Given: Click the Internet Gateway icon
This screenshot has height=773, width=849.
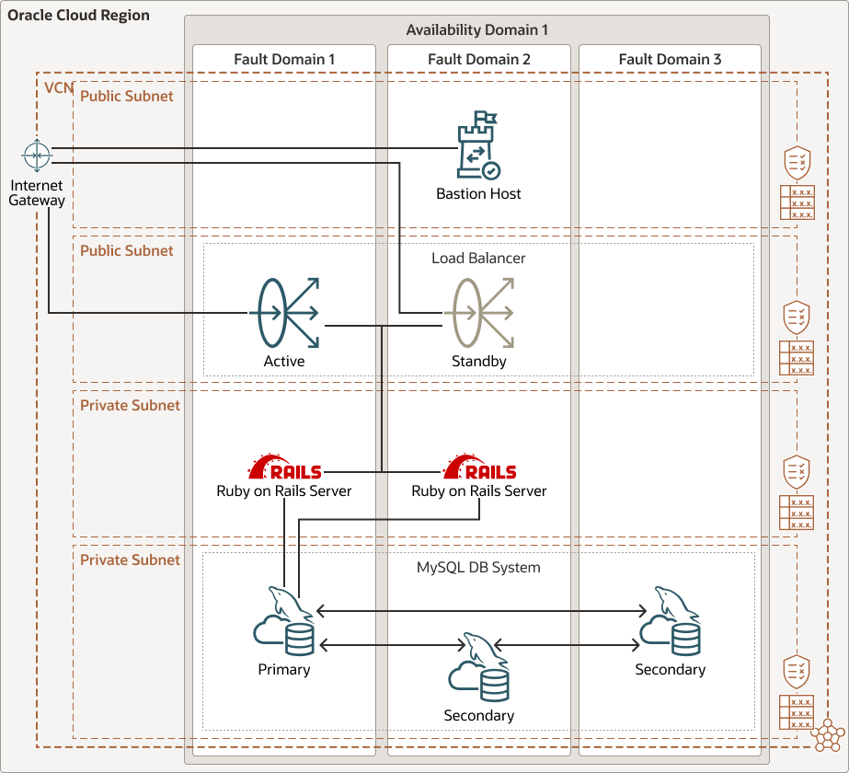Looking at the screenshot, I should (36, 156).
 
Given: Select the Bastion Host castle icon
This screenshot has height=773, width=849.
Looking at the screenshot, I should (478, 146).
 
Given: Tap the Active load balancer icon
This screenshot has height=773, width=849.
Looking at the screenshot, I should (284, 313).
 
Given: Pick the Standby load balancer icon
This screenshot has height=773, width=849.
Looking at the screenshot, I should (479, 313).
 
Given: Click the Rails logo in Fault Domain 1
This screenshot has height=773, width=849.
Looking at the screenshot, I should (284, 467).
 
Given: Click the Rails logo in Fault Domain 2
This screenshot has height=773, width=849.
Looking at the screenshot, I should (479, 467).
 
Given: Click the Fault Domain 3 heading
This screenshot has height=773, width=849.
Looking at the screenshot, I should (670, 59).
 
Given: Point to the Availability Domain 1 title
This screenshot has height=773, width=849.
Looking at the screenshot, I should (477, 30).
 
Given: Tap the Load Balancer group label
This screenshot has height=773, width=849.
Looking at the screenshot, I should (478, 258).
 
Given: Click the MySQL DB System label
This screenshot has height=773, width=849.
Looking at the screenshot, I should (478, 567).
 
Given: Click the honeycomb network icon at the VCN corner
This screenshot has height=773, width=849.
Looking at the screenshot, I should (829, 735).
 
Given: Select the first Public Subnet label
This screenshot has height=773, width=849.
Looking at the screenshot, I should (126, 96).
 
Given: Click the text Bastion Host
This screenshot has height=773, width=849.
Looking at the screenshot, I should (478, 193).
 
